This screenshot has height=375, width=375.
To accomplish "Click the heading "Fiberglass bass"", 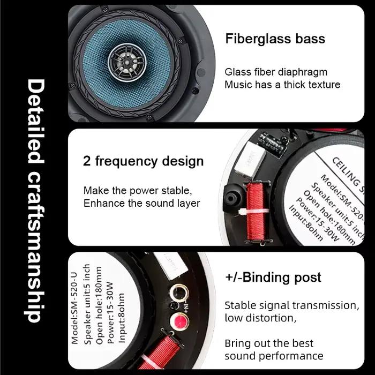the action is point(275,39).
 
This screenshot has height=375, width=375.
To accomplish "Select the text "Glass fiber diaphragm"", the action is point(276,72).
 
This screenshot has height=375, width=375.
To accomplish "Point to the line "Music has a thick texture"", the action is point(282,85).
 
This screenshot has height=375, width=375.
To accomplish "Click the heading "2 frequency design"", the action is point(143,161).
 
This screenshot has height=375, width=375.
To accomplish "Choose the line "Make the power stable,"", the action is point(138,191).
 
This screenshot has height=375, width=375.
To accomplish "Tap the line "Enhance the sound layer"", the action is point(141,203).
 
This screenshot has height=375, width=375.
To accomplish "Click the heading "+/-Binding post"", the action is point(273,277).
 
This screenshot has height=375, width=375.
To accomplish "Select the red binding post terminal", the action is point(179,321).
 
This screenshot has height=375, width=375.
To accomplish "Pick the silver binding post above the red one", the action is point(178,292).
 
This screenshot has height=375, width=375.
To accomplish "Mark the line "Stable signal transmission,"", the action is point(292,306).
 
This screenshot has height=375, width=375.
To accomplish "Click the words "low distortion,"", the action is point(260,318).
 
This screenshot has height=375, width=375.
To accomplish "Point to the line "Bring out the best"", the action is point(269,343).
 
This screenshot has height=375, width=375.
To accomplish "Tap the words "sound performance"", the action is point(274,356).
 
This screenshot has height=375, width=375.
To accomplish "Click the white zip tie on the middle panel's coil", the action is point(253,212).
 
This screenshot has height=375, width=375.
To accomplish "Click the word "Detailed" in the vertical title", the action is point(36,122).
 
